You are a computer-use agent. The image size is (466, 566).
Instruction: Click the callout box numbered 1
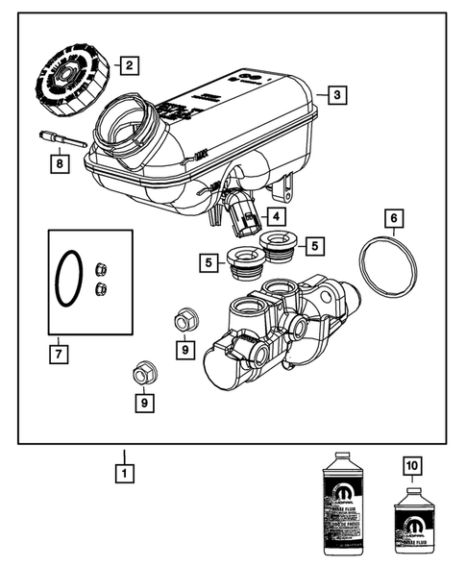[122, 473]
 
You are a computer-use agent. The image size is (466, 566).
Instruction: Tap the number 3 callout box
[335, 94]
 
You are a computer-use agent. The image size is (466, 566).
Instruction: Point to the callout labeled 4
[275, 217]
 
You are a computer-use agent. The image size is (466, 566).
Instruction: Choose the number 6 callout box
[393, 219]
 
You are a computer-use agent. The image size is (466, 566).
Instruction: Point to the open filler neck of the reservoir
[126, 126]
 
